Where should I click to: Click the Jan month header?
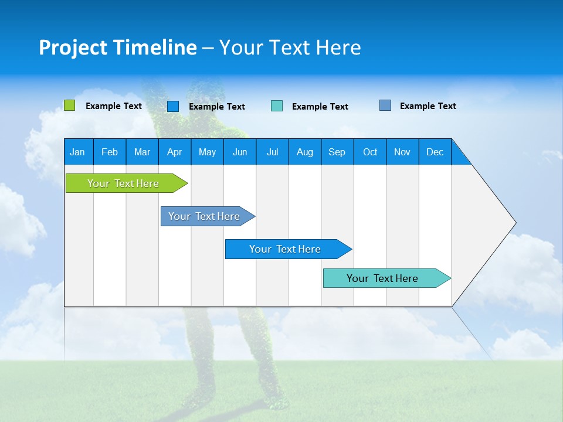click(x=78, y=152)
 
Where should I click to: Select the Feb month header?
click(x=110, y=152)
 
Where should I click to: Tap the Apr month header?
click(x=175, y=152)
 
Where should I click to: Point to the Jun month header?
click(x=240, y=152)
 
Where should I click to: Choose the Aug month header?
click(x=305, y=152)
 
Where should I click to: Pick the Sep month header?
click(x=337, y=152)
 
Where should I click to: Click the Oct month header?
click(x=370, y=152)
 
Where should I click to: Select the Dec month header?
click(x=435, y=152)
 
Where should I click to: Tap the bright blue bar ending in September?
click(x=286, y=249)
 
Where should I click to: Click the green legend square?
click(x=69, y=105)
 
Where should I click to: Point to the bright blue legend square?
click(x=173, y=106)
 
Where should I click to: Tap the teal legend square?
click(x=277, y=106)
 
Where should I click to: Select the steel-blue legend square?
click(x=385, y=105)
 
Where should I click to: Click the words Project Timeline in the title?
click(x=118, y=47)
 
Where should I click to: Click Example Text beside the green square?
click(x=114, y=106)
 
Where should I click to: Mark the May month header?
click(x=207, y=152)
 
